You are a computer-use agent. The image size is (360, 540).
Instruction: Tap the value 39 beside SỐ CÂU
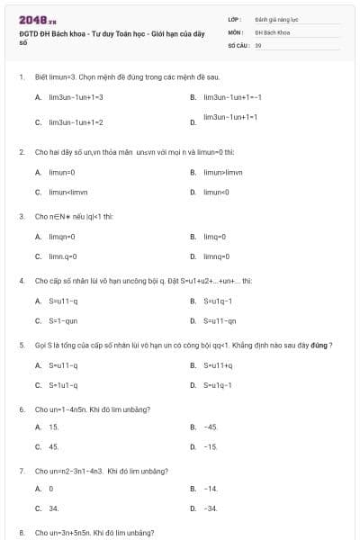pos(258,44)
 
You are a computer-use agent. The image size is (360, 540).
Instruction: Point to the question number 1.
pos(21,77)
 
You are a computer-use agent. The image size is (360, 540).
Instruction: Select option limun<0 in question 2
pos(217,191)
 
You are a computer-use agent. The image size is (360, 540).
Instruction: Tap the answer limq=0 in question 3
pos(214,236)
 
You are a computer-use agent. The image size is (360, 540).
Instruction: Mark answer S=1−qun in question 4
pos(63,319)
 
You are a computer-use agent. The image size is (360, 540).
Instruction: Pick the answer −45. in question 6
pos(211,427)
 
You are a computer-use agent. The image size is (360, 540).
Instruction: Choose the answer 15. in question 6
pos(54,427)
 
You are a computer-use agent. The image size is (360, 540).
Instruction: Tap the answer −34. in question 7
pos(211,508)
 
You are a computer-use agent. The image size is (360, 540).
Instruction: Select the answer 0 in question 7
pos(51,489)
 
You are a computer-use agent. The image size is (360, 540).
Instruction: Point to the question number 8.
pos(21,533)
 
